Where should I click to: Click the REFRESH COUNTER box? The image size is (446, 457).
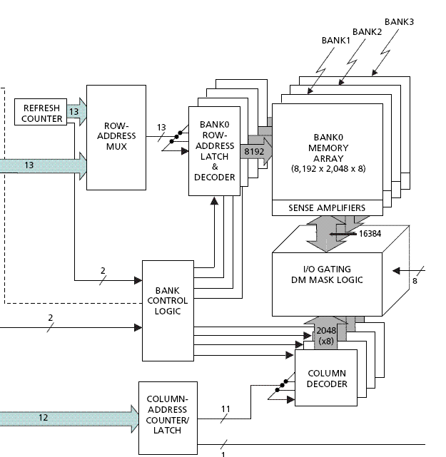[42, 113]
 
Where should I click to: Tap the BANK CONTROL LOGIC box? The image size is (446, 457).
[168, 301]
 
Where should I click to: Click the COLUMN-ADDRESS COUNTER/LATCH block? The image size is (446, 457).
[167, 417]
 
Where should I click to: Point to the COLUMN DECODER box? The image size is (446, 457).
[327, 378]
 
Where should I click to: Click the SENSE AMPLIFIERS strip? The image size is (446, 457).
[327, 207]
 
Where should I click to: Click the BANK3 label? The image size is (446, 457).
[399, 21]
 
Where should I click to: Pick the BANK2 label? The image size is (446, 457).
[367, 32]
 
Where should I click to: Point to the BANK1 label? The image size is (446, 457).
[336, 41]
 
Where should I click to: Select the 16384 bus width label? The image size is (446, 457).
[364, 232]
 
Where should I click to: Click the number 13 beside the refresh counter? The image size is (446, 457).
[74, 112]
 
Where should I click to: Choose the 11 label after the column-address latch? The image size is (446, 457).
[225, 409]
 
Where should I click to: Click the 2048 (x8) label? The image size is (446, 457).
[326, 335]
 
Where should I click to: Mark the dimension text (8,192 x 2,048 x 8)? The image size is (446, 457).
[327, 169]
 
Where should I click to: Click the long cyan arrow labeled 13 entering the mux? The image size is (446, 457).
[43, 165]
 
